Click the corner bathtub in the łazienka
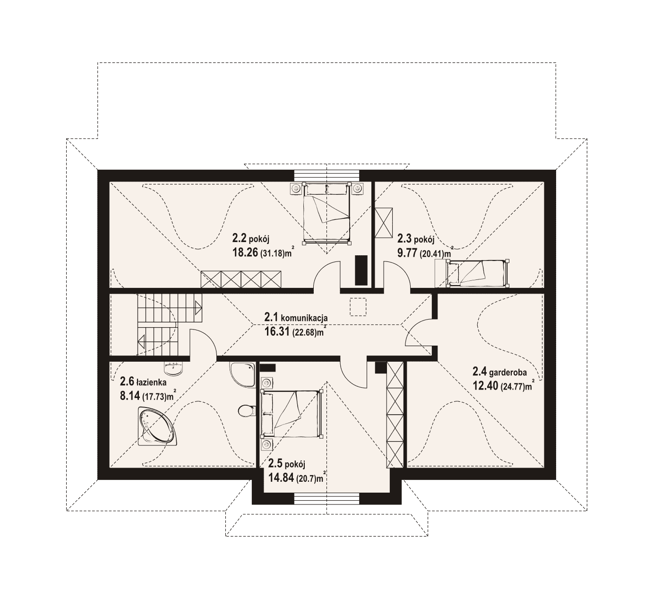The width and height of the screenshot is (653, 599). tap(156, 425)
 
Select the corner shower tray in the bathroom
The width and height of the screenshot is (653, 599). tap(242, 374)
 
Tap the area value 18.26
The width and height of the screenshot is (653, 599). tap(245, 252)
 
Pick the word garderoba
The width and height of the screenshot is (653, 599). tap(508, 372)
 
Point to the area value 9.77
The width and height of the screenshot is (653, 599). tap(407, 252)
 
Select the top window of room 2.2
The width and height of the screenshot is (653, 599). tap(327, 175)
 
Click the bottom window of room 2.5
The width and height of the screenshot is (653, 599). tap(327, 499)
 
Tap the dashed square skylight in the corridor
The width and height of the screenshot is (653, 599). tap(358, 307)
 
